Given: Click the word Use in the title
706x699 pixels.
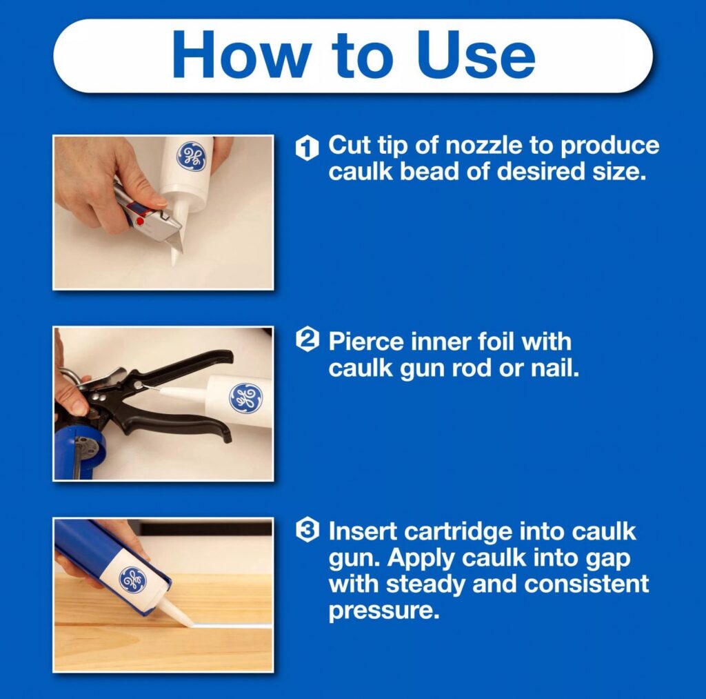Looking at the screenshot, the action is pos(476,55).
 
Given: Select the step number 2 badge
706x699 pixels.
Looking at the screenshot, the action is pos(307,340).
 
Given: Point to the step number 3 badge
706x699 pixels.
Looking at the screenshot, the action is pos(307,531).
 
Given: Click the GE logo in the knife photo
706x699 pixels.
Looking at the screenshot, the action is pos(192,156).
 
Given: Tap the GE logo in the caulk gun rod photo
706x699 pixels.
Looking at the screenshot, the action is pos(245,398).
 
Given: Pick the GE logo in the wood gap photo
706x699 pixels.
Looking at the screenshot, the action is pos(132,580).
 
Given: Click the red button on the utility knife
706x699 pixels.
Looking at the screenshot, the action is pos(140,221).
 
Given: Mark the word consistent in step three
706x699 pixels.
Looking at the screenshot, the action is pos(587,584).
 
